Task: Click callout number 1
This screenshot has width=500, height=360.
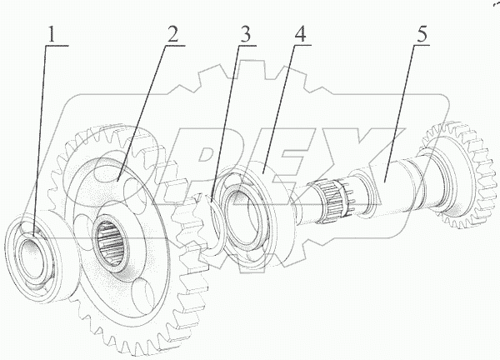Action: [52, 35]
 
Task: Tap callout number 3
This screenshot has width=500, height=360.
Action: [244, 35]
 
